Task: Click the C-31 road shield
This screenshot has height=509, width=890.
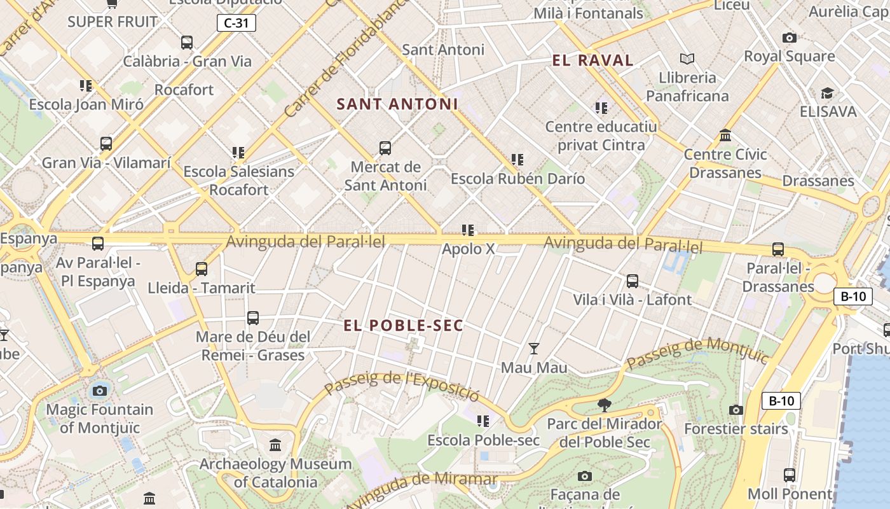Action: click(236, 24)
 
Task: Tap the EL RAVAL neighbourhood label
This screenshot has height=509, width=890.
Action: click(592, 60)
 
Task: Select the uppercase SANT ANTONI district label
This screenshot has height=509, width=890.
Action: click(397, 104)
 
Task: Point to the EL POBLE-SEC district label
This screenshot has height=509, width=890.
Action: click(403, 326)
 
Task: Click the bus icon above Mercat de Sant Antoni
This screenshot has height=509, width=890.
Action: click(385, 148)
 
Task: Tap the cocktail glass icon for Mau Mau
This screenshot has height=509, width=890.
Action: click(534, 349)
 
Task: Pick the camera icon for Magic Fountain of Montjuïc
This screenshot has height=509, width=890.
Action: click(100, 391)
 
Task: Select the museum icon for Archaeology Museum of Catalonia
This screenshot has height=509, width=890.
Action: click(275, 445)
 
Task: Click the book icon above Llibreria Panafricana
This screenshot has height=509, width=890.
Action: click(687, 59)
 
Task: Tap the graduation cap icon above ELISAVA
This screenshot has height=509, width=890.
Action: click(827, 94)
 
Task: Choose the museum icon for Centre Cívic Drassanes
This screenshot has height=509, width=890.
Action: click(725, 136)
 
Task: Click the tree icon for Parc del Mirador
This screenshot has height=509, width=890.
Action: click(605, 405)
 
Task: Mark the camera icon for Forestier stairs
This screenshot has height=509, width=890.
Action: click(736, 410)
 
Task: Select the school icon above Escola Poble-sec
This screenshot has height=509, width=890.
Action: click(483, 421)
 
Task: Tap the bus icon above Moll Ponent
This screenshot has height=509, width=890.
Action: click(789, 475)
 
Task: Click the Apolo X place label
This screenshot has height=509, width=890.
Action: click(468, 249)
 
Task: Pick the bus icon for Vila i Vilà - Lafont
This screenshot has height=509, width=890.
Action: click(632, 281)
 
